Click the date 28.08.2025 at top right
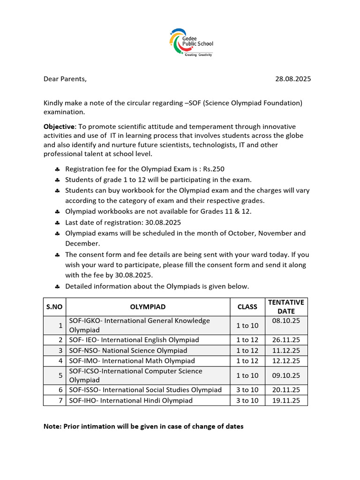point(293,79)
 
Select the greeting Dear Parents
point(65,79)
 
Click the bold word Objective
point(59,127)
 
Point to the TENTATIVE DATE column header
point(285,307)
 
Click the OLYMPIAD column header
point(148,307)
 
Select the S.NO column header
point(54,307)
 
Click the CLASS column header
point(247,307)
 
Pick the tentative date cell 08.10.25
point(285,321)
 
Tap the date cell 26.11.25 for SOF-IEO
point(285,340)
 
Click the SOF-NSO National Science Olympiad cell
point(128,351)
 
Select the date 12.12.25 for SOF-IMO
point(285,361)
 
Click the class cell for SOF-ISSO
point(247,390)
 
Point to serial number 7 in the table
point(61,400)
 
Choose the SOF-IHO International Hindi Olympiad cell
point(131,400)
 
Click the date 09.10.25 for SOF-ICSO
point(285,375)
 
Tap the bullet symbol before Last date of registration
point(57,223)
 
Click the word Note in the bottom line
point(52,427)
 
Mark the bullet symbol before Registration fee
point(57,169)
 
